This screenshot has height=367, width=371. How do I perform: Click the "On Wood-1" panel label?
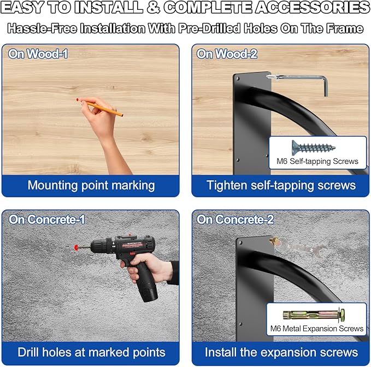coord(38,54)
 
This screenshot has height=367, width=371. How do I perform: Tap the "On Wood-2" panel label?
coord(227,54)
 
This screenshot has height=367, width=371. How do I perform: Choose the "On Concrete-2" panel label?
coord(235,220)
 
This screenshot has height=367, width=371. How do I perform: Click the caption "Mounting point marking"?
coord(91,185)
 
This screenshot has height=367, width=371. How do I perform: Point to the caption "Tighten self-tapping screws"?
coord(281,185)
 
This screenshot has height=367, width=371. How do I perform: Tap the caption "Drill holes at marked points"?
coord(91,352)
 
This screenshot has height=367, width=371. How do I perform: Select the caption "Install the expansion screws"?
coord(281,352)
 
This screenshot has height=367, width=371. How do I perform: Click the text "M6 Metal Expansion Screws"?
coord(317,329)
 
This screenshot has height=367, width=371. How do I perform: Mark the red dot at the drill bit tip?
coord(75,247)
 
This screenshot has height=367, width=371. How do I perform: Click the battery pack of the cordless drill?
coord(146,286)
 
